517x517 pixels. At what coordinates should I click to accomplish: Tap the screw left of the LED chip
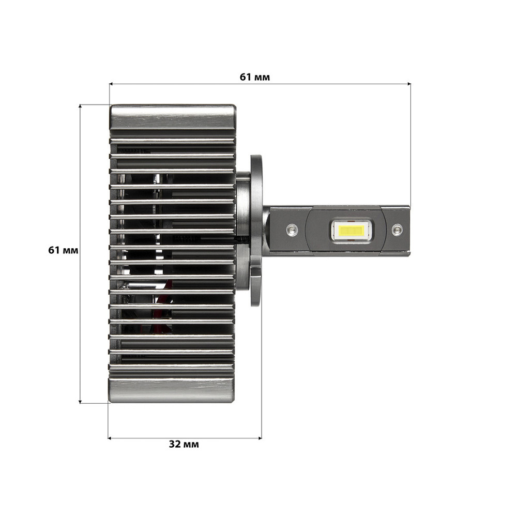click(292, 228)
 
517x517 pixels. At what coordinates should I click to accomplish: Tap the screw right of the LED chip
click(397, 229)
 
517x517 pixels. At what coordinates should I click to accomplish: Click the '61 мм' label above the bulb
click(255, 77)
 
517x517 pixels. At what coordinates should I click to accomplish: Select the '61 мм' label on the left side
click(63, 250)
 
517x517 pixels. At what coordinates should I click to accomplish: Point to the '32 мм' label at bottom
click(184, 444)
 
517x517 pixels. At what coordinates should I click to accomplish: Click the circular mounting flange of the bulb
click(256, 230)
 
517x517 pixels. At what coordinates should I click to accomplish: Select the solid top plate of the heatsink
click(173, 117)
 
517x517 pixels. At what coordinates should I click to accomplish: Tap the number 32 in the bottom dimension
click(175, 444)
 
